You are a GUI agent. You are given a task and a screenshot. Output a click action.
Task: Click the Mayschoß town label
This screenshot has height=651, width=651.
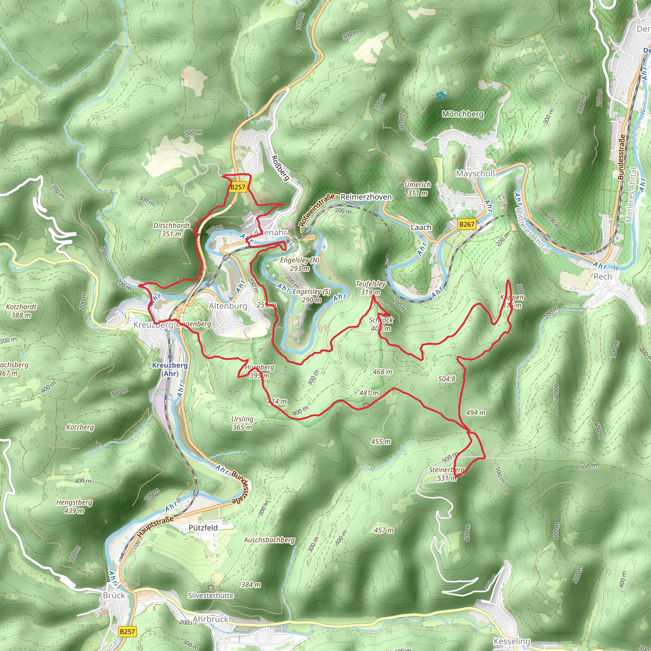click(476, 174)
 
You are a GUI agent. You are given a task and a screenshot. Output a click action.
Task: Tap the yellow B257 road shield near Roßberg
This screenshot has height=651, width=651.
click(238, 187)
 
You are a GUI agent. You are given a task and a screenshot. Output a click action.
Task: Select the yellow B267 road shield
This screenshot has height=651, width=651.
click(467, 224)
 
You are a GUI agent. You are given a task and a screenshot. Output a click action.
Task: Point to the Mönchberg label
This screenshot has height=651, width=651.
click(463, 114)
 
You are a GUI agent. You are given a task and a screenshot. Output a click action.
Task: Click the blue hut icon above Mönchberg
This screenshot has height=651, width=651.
click(440, 96)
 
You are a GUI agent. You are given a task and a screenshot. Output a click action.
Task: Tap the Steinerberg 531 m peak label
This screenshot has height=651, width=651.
click(447, 474)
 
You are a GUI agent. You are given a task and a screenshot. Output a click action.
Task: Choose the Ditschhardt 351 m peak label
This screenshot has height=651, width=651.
click(172, 230)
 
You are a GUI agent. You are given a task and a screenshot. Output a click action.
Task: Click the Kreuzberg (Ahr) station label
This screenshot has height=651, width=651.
click(170, 369)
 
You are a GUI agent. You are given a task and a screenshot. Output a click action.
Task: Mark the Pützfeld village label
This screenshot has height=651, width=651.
click(203, 528)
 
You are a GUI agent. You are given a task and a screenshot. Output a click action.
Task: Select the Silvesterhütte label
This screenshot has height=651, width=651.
click(211, 595)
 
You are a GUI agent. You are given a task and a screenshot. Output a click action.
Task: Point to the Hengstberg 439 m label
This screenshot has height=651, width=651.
click(74, 506)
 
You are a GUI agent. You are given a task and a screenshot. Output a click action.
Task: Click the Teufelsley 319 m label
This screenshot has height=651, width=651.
click(371, 288)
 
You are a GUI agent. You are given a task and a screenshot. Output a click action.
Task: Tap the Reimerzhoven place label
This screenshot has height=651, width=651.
click(366, 197)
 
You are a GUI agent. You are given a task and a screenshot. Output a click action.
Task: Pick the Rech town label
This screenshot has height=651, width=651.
click(602, 277)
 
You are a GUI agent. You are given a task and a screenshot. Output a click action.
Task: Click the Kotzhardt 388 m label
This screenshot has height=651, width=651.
click(21, 311)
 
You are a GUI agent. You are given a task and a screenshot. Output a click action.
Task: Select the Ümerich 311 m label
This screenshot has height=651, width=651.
click(417, 189)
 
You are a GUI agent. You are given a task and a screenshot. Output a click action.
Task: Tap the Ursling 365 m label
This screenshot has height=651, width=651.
click(242, 423)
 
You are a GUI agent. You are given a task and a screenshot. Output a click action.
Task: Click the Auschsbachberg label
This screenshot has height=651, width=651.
click(269, 540)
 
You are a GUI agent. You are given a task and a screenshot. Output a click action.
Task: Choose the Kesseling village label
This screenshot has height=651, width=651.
click(511, 641)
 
